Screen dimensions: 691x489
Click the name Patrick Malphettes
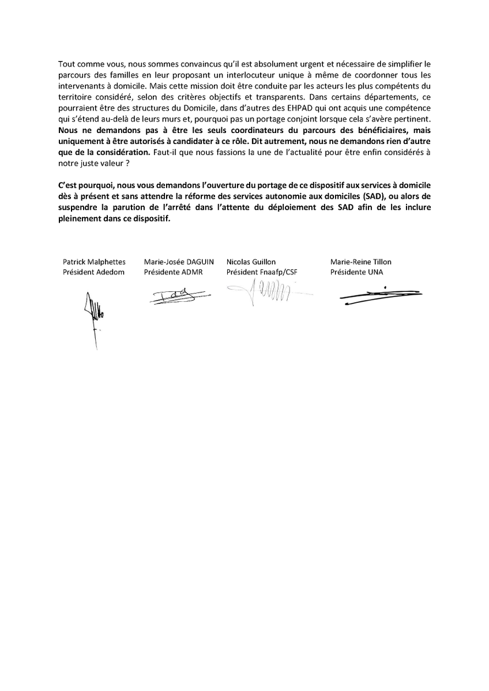[94, 262]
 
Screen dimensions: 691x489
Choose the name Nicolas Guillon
[251, 262]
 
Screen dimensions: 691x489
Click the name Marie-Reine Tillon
[361, 262]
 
